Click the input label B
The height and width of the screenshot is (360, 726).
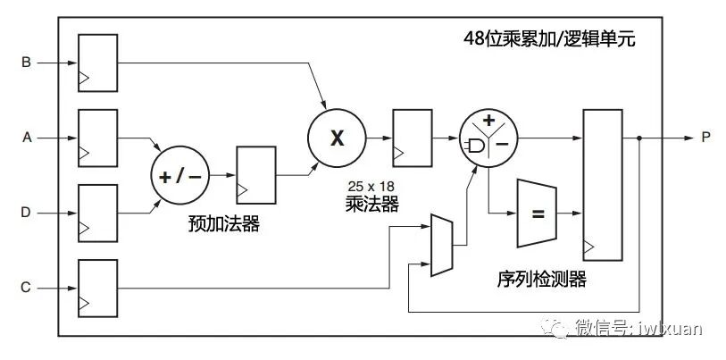coord(26,63)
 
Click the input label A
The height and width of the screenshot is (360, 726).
coord(26,138)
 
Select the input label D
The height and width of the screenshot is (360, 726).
coord(26,213)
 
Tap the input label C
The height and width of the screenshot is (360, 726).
coord(26,288)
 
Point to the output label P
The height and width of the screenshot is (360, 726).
coord(705,138)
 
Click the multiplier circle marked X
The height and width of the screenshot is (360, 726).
coord(337,138)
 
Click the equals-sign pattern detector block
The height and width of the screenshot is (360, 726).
coord(537,214)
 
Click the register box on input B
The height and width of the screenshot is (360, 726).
coord(98,63)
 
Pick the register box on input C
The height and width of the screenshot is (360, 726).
coord(98,287)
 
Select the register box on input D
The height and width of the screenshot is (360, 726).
coord(98,213)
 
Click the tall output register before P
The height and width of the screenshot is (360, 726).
coord(602,184)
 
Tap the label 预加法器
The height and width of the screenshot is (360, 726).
coord(224,223)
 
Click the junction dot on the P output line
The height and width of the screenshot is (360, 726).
coord(640,138)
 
